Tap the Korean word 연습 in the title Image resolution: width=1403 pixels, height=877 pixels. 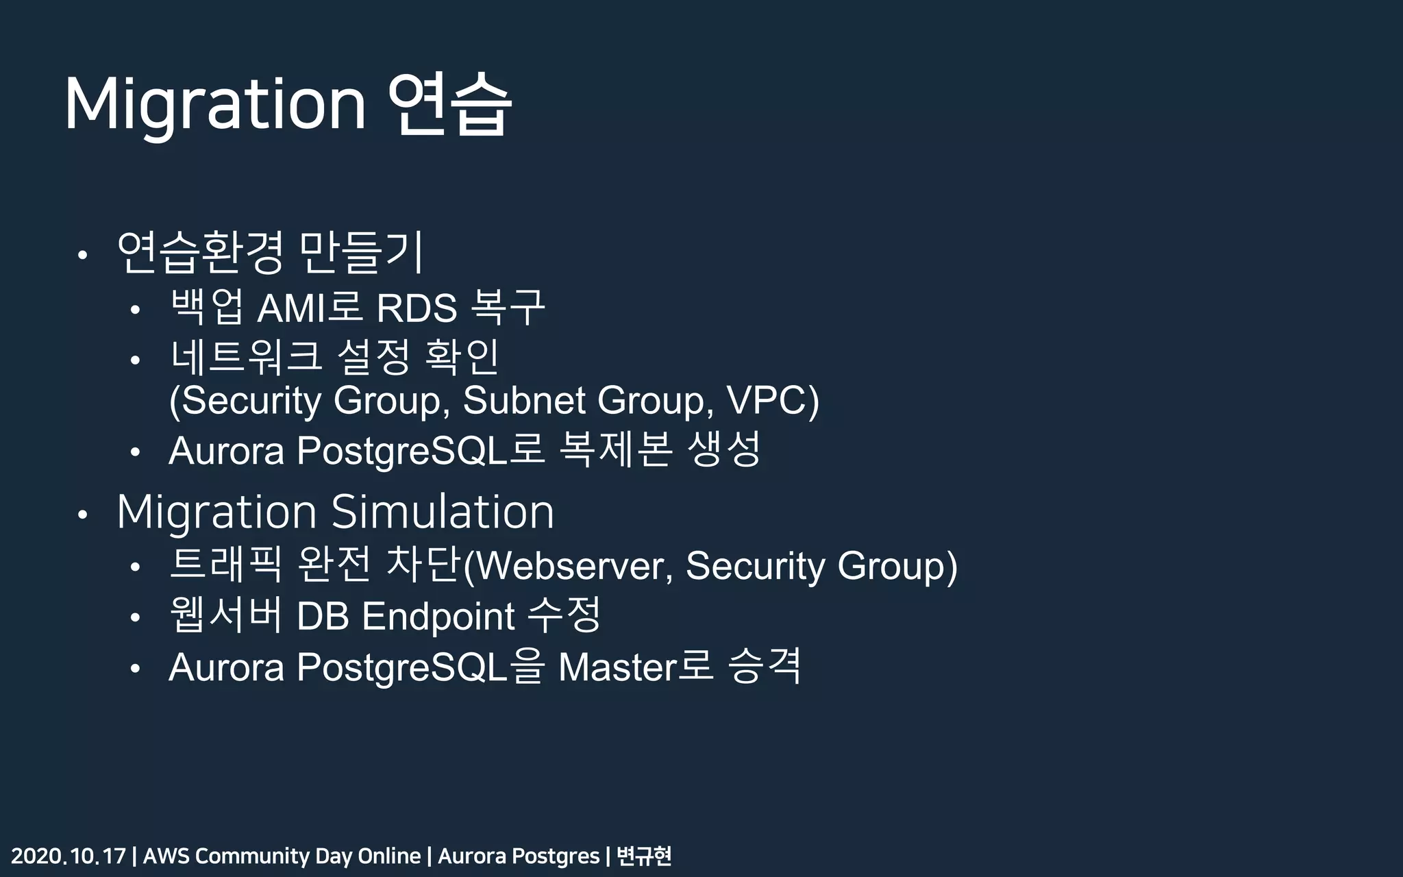tap(449, 105)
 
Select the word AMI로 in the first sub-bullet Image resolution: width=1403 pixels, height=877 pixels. tap(309, 308)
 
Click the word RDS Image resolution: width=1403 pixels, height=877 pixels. tap(417, 308)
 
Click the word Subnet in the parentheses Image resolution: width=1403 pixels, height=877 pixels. tap(524, 400)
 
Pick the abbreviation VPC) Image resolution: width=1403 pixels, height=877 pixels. tap(772, 400)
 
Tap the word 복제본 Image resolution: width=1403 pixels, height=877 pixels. tap(615, 450)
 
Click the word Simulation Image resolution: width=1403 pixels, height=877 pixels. tap(443, 512)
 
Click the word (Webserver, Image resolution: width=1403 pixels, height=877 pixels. tap(569, 566)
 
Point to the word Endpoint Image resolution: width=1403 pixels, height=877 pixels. tap(438, 616)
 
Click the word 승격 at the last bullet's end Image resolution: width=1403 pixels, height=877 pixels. tap(765, 666)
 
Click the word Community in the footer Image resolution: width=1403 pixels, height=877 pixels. tap(252, 856)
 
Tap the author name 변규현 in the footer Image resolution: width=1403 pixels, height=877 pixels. tap(644, 856)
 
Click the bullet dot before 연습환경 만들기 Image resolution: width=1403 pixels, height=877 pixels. tap(82, 256)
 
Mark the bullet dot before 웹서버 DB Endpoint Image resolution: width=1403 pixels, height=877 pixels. tap(135, 618)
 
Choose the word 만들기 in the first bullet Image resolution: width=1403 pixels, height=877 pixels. tap(362, 252)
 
